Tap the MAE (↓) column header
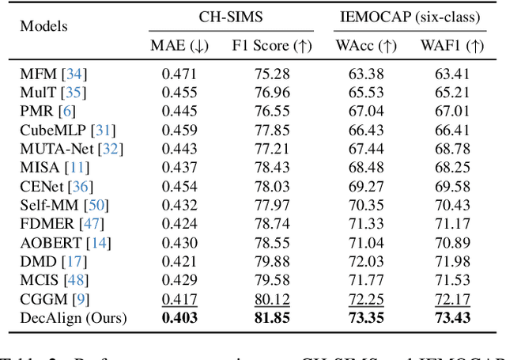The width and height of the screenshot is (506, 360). pyautogui.click(x=179, y=45)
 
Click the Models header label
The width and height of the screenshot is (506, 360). pyautogui.click(x=43, y=27)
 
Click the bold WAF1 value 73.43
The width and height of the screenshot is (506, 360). pyautogui.click(x=453, y=318)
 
